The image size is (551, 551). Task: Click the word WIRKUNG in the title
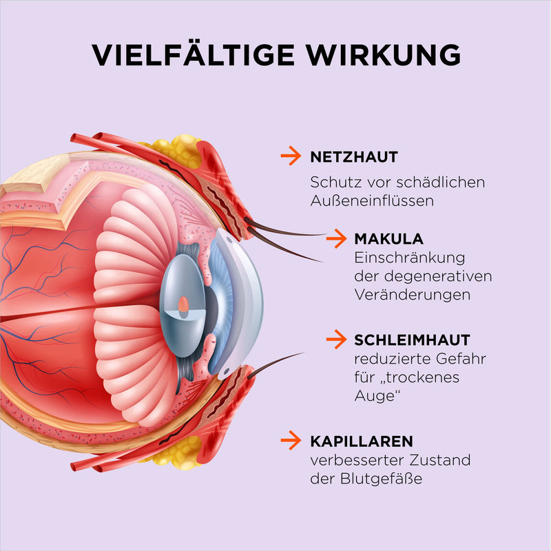tap(383, 55)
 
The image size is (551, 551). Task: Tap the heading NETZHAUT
tap(354, 157)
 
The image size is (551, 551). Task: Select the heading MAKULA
tap(388, 239)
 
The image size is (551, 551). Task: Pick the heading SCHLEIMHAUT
tap(412, 340)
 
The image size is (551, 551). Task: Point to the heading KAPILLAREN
tap(362, 441)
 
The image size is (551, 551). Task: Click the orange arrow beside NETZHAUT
tap(291, 156)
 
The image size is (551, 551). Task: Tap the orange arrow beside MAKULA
tap(336, 238)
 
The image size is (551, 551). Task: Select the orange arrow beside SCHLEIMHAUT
tap(336, 339)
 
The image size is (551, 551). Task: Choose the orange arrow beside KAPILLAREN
tap(291, 440)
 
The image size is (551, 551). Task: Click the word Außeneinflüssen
tap(372, 200)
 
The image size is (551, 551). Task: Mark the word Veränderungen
tap(412, 295)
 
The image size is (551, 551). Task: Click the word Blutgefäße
tap(381, 479)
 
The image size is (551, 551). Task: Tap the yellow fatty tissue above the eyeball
tap(176, 150)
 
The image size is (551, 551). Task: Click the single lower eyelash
tap(275, 365)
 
